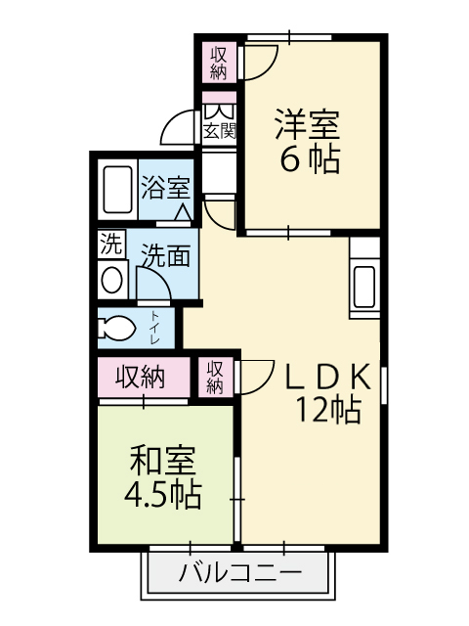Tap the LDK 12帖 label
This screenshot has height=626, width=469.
[x=328, y=393]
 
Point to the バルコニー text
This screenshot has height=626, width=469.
[x=240, y=574]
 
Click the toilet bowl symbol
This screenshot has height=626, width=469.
[x=117, y=329]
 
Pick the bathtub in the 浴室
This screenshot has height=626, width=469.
[x=117, y=189]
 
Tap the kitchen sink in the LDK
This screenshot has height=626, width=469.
[x=364, y=286]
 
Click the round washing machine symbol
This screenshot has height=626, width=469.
[x=111, y=280]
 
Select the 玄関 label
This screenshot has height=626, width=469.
[x=219, y=130]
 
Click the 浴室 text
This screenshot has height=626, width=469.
[x=165, y=187]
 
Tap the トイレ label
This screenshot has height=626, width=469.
[x=154, y=328]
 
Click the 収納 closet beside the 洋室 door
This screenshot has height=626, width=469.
[x=219, y=63]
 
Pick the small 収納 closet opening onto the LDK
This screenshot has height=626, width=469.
[x=215, y=378]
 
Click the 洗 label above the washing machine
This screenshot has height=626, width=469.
[x=110, y=245]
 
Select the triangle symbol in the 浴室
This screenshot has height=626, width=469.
[x=183, y=212]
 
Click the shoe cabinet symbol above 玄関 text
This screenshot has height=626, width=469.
[x=219, y=112]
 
